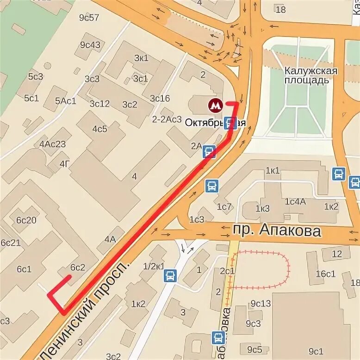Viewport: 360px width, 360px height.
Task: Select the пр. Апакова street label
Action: [x=277, y=230]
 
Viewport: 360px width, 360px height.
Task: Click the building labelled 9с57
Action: [x=89, y=18]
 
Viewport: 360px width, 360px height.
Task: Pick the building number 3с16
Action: [x=160, y=98]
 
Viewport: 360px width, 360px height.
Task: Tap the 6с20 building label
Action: [x=26, y=220]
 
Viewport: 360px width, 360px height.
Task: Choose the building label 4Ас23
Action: [x=52, y=144]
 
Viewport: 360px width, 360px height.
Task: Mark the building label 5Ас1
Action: [x=65, y=101]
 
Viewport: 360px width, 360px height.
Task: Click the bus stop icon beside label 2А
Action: [x=210, y=151]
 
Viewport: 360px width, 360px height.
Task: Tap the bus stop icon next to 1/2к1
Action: [x=170, y=276]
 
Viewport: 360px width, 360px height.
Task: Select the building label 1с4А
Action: [x=295, y=202]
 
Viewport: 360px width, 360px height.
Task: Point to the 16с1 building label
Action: [x=325, y=273]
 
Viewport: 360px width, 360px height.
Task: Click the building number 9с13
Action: [x=261, y=304]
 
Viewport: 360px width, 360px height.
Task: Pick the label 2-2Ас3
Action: [x=167, y=119]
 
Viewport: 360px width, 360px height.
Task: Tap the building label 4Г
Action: [x=65, y=163]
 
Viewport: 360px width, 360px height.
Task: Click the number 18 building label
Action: [x=280, y=9]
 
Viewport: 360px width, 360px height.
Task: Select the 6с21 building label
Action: [x=10, y=243]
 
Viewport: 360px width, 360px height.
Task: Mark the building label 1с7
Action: [x=224, y=206]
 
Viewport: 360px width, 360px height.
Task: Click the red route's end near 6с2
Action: [x=69, y=277]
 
